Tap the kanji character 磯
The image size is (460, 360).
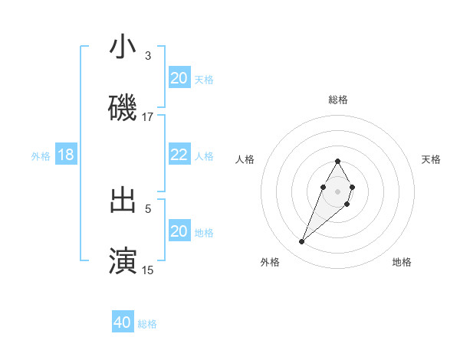pos(123,108)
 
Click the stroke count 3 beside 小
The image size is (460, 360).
pos(148,55)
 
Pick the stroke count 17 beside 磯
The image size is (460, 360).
pos(148,116)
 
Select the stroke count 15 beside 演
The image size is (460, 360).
pos(148,270)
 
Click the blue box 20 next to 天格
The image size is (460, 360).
pos(179,78)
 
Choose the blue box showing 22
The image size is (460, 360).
pos(179,155)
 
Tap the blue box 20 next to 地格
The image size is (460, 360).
pos(179,231)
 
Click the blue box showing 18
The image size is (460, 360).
pos(66,155)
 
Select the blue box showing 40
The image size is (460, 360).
pos(123,322)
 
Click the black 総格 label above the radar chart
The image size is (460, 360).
pos(338,100)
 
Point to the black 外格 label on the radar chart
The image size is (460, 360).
pos(270,262)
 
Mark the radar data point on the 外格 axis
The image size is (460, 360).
pos(302,242)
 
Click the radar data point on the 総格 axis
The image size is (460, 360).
pos(338,162)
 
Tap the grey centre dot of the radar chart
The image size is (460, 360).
pos(338,191)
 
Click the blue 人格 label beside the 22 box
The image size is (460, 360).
pos(204,155)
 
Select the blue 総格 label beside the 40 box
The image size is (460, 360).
pos(147,324)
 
